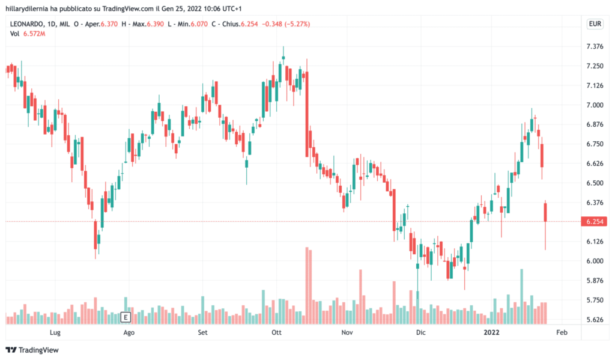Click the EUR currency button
(x=594, y=24)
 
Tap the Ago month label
(x=127, y=332)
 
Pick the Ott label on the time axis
(x=277, y=332)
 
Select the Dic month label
(x=420, y=332)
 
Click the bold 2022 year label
(x=492, y=332)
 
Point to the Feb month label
(x=561, y=332)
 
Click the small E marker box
(x=126, y=317)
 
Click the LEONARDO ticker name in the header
(x=27, y=24)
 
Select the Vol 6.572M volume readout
(x=28, y=34)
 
